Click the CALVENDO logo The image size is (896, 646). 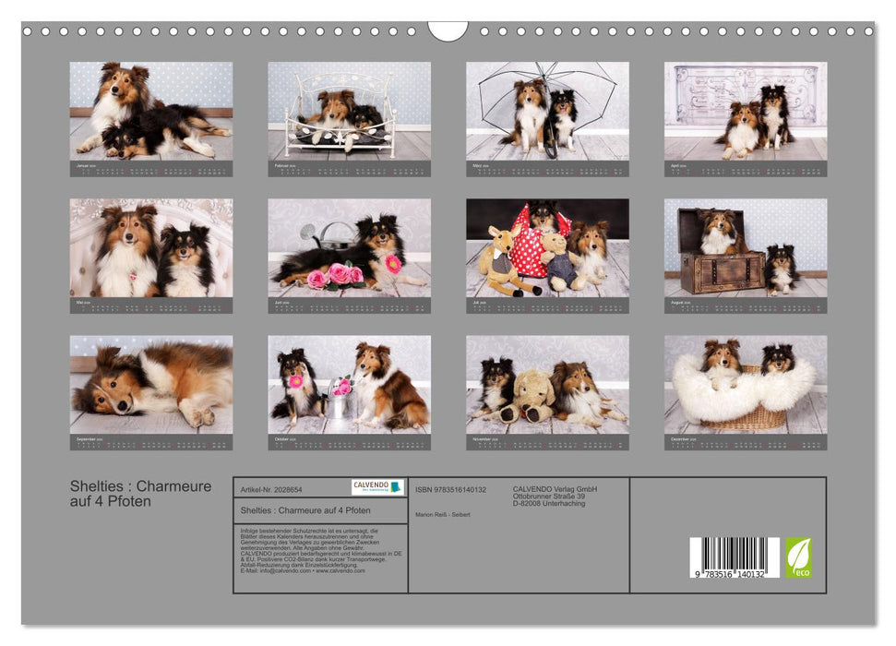pyautogui.click(x=376, y=486)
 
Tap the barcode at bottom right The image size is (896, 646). pyautogui.click(x=735, y=557)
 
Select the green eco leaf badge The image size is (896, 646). pyautogui.click(x=798, y=557)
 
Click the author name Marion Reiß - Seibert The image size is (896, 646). pyautogui.click(x=443, y=514)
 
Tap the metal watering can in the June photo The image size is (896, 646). pyautogui.click(x=335, y=236)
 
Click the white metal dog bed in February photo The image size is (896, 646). pyautogui.click(x=341, y=115)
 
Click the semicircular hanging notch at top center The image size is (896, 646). pyautogui.click(x=448, y=30)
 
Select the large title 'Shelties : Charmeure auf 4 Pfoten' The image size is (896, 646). pyautogui.click(x=140, y=494)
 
